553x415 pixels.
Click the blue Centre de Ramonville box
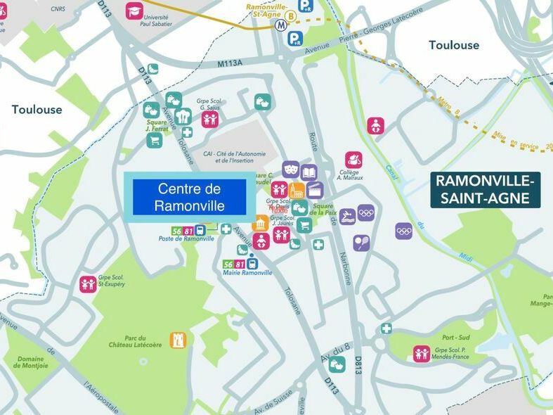(190, 198)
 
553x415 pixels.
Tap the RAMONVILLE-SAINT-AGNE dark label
(486, 190)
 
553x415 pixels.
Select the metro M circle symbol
(280, 23)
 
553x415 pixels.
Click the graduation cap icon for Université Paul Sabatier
(134, 11)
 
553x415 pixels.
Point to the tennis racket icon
(361, 243)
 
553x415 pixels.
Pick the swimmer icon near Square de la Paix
(347, 215)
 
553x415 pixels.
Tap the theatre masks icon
(291, 169)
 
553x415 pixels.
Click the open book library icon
(308, 172)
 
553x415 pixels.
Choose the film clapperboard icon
(315, 189)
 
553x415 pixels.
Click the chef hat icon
(183, 116)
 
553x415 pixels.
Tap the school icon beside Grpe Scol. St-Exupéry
(88, 283)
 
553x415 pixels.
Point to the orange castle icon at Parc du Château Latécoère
(178, 340)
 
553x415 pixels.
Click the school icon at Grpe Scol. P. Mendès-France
(422, 353)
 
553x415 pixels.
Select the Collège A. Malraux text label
(349, 175)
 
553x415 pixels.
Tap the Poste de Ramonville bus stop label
(186, 238)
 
